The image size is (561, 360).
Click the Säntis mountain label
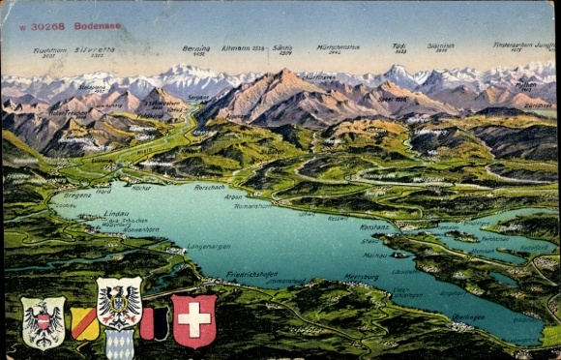tap(282, 47)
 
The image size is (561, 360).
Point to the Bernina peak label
tap(196, 47)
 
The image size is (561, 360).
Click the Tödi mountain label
tap(399, 45)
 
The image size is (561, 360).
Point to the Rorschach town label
tap(209, 187)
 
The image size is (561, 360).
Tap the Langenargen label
tap(208, 247)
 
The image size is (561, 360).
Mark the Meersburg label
tap(361, 276)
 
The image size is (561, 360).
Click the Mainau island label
tap(375, 255)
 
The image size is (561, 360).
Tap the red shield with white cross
tap(193, 320)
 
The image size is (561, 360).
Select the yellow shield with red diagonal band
tap(85, 323)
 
